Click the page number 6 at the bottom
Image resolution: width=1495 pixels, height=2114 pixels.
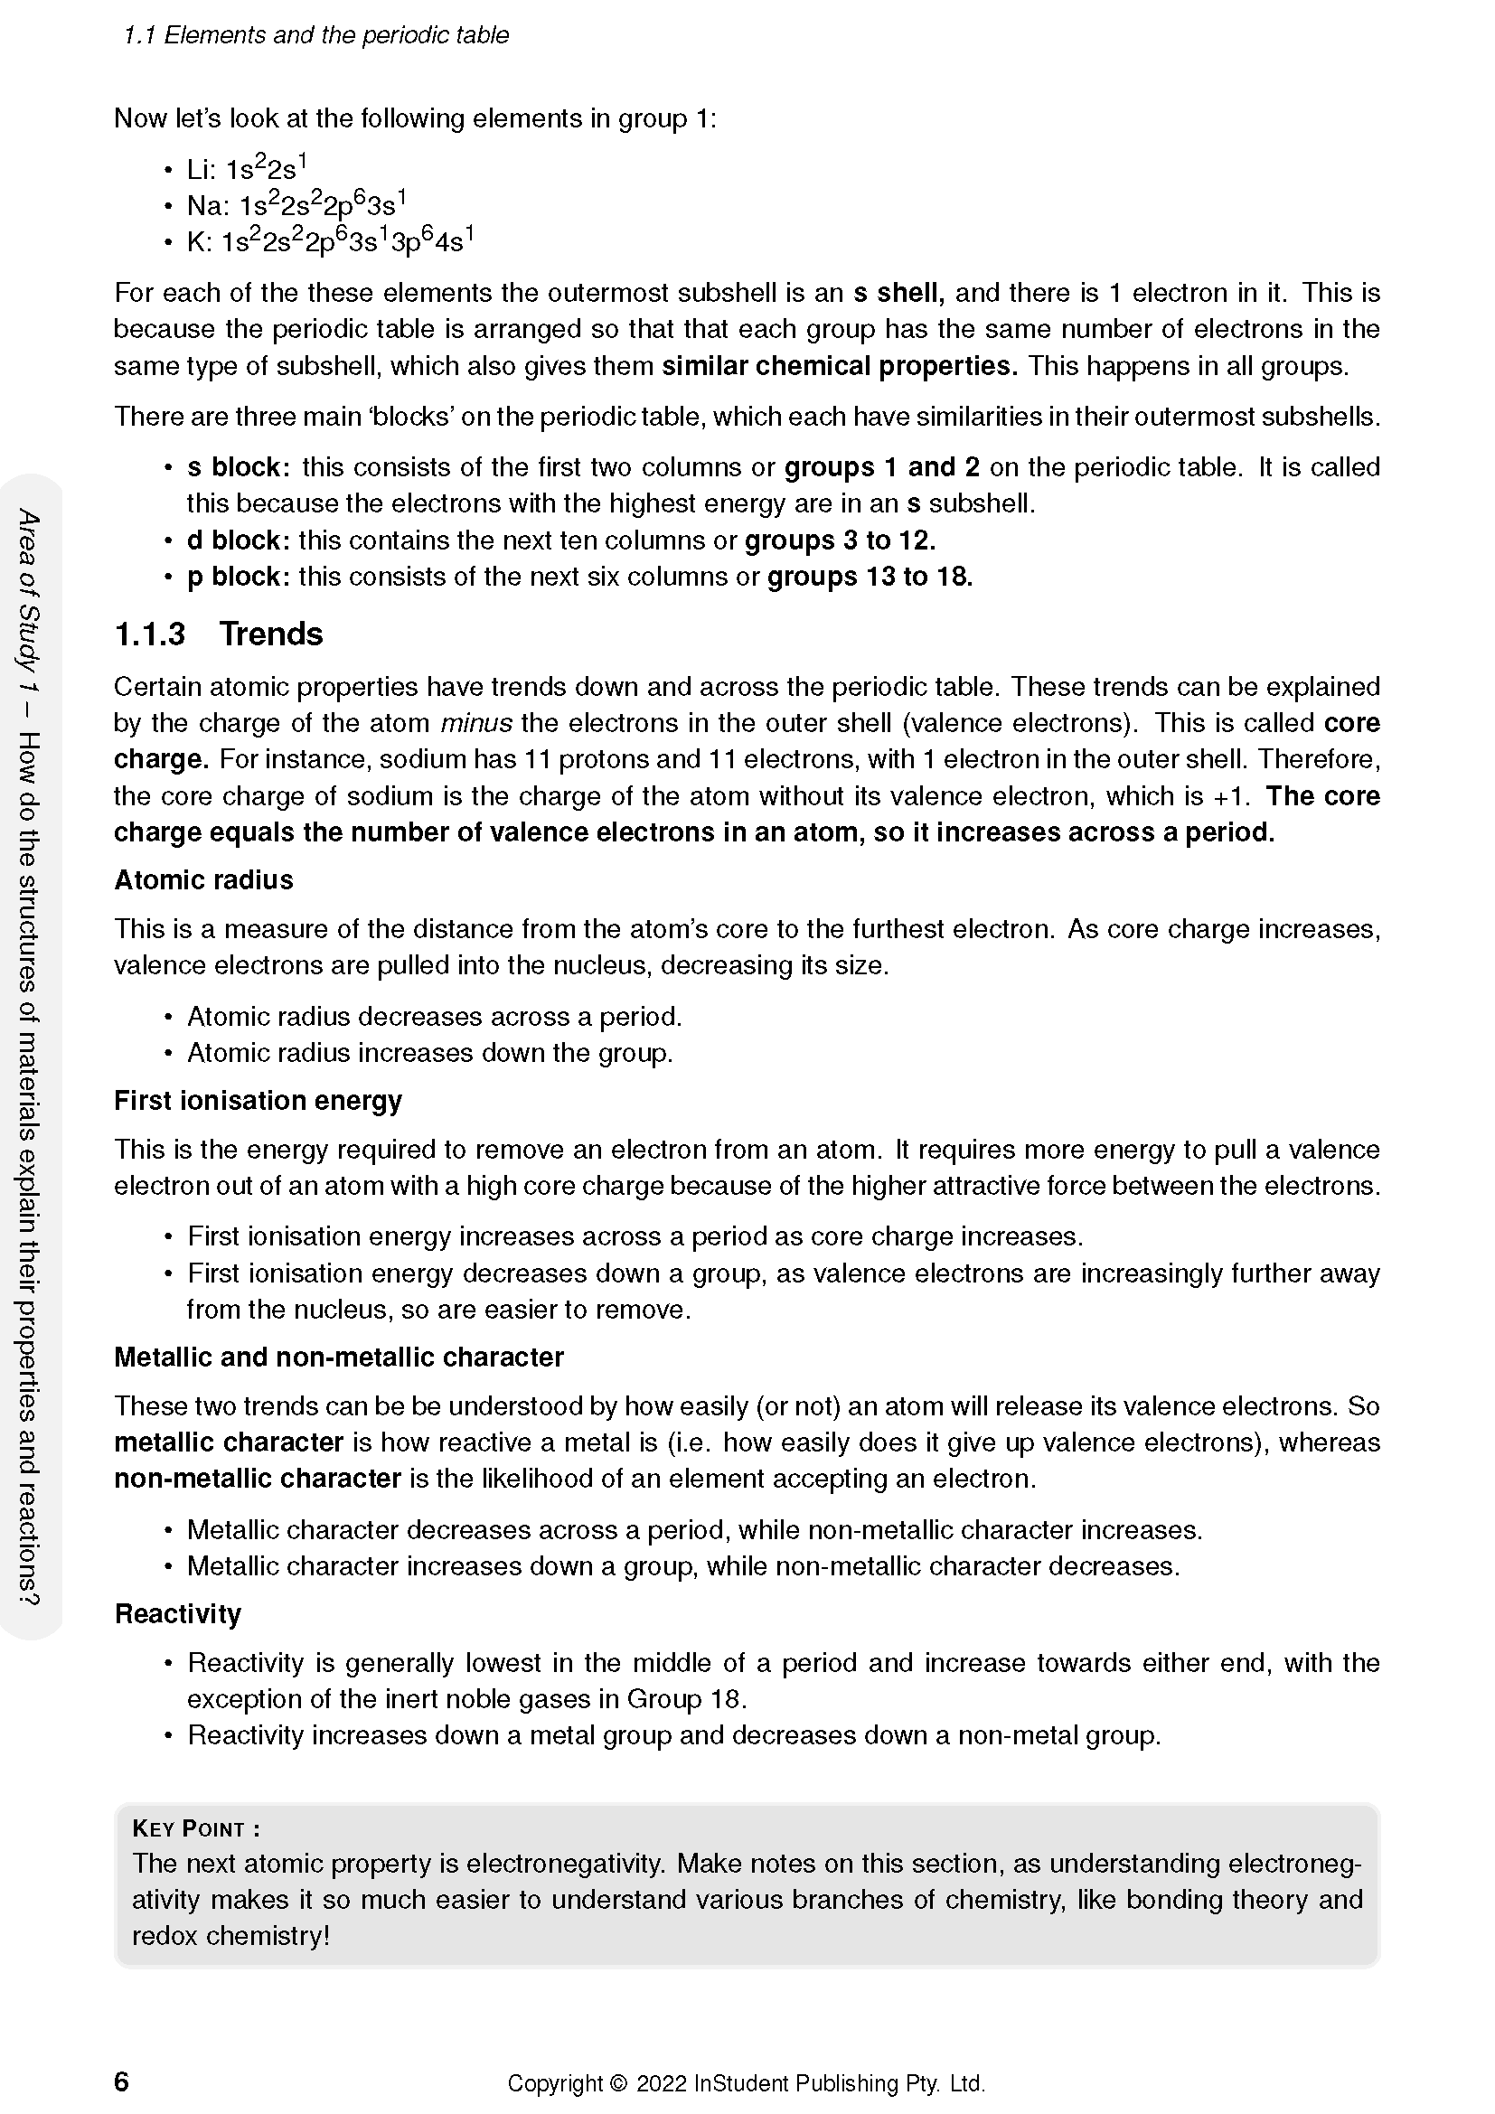(x=121, y=2081)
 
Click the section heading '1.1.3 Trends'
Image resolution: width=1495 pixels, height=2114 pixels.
(x=218, y=634)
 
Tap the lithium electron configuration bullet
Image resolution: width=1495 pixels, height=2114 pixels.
(x=246, y=168)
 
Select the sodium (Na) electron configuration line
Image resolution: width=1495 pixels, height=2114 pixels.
(x=296, y=204)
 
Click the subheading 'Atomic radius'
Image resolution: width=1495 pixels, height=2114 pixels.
(x=203, y=880)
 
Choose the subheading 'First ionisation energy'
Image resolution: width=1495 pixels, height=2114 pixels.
(x=258, y=1100)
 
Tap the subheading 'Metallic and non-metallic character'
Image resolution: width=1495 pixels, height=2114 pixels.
(x=339, y=1358)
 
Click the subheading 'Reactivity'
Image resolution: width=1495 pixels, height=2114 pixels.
(x=178, y=1614)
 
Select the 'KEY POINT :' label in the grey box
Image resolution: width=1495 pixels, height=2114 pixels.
(x=196, y=1828)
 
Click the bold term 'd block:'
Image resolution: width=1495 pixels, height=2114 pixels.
(x=239, y=540)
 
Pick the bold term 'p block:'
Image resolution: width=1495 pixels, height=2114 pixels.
(x=239, y=578)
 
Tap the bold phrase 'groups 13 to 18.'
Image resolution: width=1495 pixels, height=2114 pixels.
(x=870, y=578)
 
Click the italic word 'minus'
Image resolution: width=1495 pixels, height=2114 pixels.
(x=476, y=724)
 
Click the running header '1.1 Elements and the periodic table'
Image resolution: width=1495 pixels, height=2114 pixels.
(x=315, y=35)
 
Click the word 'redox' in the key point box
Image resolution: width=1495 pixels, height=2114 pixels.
(x=165, y=1936)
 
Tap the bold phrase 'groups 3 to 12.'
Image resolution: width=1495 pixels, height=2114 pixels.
(x=840, y=540)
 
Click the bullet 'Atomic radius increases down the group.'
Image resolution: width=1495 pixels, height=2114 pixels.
(x=430, y=1052)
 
